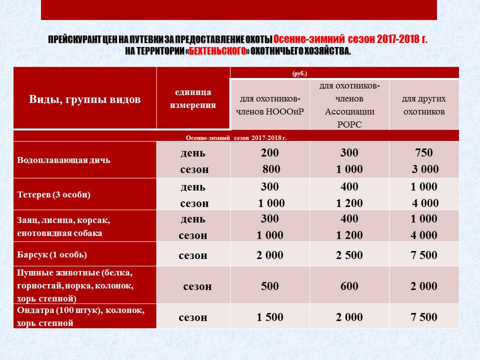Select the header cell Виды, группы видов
pyautogui.click(x=84, y=99)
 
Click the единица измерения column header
pyautogui.click(x=193, y=98)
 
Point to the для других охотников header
pyautogui.click(x=423, y=105)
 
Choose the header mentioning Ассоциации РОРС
pyautogui.click(x=349, y=105)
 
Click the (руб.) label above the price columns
pyautogui.click(x=299, y=73)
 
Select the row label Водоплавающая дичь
pyautogui.click(x=64, y=160)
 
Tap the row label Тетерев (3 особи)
pyautogui.click(x=53, y=194)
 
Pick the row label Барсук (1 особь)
pyautogui.click(x=52, y=254)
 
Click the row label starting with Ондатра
pyautogui.click(x=80, y=316)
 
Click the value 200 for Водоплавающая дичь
pyautogui.click(x=270, y=153)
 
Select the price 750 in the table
pyautogui.click(x=424, y=153)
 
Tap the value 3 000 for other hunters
pyautogui.click(x=425, y=169)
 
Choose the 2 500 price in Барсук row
pyautogui.click(x=349, y=255)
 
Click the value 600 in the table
pyautogui.click(x=349, y=286)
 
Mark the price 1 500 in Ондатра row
pyautogui.click(x=270, y=317)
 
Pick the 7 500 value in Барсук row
pyautogui.click(x=424, y=255)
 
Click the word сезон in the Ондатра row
pyautogui.click(x=193, y=317)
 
